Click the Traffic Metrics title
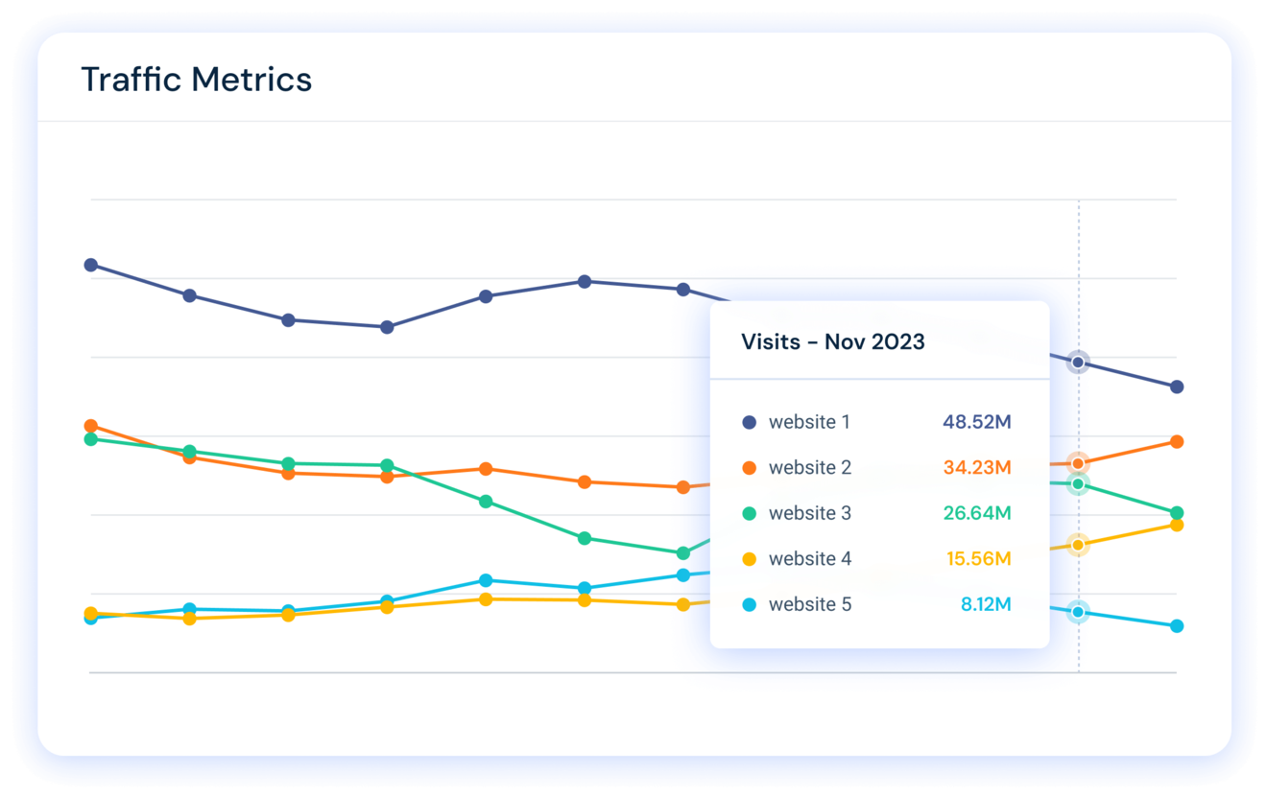[x=197, y=79]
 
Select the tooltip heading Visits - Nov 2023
[x=832, y=342]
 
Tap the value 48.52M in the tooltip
[x=976, y=422]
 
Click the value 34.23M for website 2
[x=976, y=468]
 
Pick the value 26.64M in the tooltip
[x=976, y=513]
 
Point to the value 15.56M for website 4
[x=978, y=559]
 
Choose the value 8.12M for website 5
[x=985, y=604]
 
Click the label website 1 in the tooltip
[x=808, y=422]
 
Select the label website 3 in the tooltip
[x=809, y=513]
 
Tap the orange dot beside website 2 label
[x=750, y=468]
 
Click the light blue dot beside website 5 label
[x=750, y=605]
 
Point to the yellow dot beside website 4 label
[x=750, y=559]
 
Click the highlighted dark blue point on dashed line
[x=1078, y=363]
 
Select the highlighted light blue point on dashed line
[x=1078, y=612]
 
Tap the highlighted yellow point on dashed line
[x=1078, y=545]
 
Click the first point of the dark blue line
[x=91, y=265]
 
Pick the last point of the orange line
[x=1177, y=441]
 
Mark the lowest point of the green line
[x=683, y=553]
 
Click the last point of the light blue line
[x=1177, y=626]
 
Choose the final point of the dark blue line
[x=1177, y=387]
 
